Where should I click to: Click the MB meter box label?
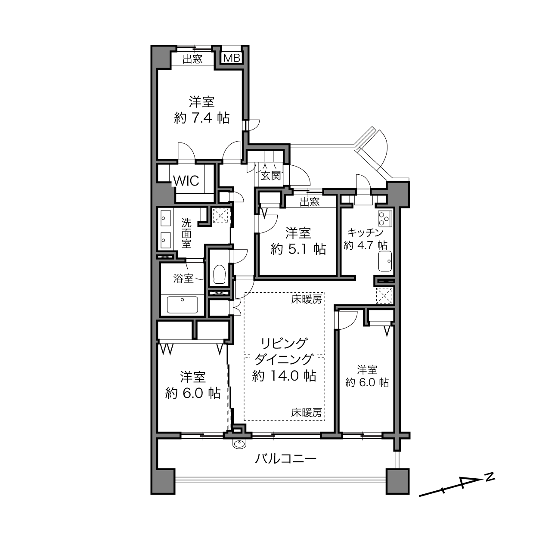232,58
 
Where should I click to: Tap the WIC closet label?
186,181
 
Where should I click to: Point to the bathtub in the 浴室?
183,305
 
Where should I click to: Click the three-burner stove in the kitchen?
385,218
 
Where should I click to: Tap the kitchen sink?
385,261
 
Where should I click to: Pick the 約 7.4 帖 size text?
201,118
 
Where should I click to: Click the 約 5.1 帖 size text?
298,248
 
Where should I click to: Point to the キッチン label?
365,232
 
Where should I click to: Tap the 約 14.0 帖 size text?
284,376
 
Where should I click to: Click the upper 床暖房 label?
307,300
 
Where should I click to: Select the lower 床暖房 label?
307,412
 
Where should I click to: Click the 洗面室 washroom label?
186,233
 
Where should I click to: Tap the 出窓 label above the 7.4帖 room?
192,59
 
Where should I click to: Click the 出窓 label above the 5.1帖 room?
310,201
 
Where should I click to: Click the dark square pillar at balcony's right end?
397,481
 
